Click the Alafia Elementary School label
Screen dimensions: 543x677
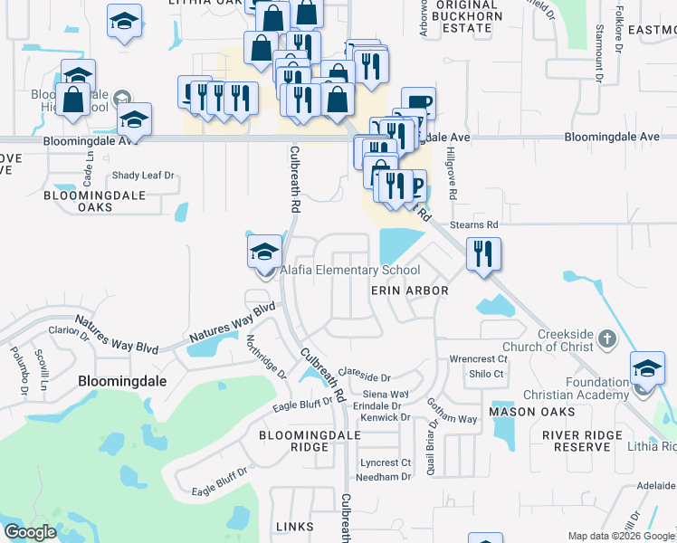pos(349,270)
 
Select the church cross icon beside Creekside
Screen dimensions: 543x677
pos(606,339)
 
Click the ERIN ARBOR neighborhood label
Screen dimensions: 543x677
pos(410,291)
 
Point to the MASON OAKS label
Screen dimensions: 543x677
pos(532,412)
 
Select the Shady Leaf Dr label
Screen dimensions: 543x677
pos(142,176)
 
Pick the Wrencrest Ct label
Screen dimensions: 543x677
pos(479,359)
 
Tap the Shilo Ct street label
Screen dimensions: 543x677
pos(485,373)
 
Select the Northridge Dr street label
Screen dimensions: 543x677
pos(266,357)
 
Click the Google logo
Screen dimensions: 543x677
pos(30,532)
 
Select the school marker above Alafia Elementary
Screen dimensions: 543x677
pos(264,251)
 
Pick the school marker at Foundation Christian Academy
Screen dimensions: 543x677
pos(646,369)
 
